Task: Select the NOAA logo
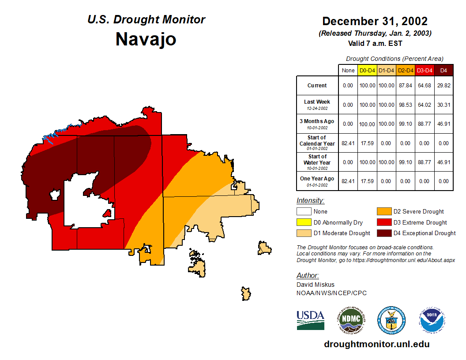432,320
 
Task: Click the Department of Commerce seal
391,320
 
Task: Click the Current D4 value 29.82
444,86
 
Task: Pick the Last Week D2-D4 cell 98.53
406,105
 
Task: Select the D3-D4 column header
425,71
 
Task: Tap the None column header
348,71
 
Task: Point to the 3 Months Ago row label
317,124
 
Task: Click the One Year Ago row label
317,180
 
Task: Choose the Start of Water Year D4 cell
444,162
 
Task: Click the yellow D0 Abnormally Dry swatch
304,222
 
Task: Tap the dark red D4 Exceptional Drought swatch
383,233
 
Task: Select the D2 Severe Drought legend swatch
383,212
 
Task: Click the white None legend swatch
304,212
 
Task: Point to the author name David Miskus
316,285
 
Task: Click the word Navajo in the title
146,39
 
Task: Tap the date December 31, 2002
375,21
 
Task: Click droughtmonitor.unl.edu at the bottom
376,344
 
